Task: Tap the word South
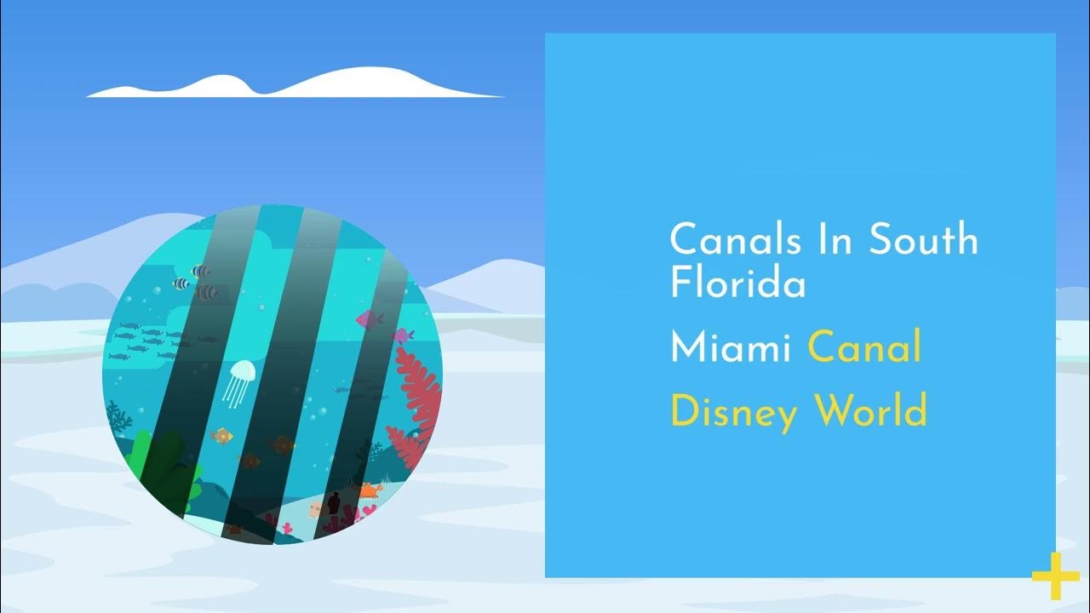[x=924, y=240]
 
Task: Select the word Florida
[x=737, y=283]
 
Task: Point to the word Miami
[x=731, y=347]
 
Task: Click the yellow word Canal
[x=864, y=347]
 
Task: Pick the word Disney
[x=734, y=412]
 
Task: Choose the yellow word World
[x=870, y=411]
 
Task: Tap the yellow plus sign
[x=1055, y=576]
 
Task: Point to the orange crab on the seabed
[x=369, y=490]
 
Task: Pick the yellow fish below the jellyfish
[x=222, y=436]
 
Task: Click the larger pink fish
[x=369, y=319]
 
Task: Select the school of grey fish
[x=141, y=341]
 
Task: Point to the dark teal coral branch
[x=118, y=416]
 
